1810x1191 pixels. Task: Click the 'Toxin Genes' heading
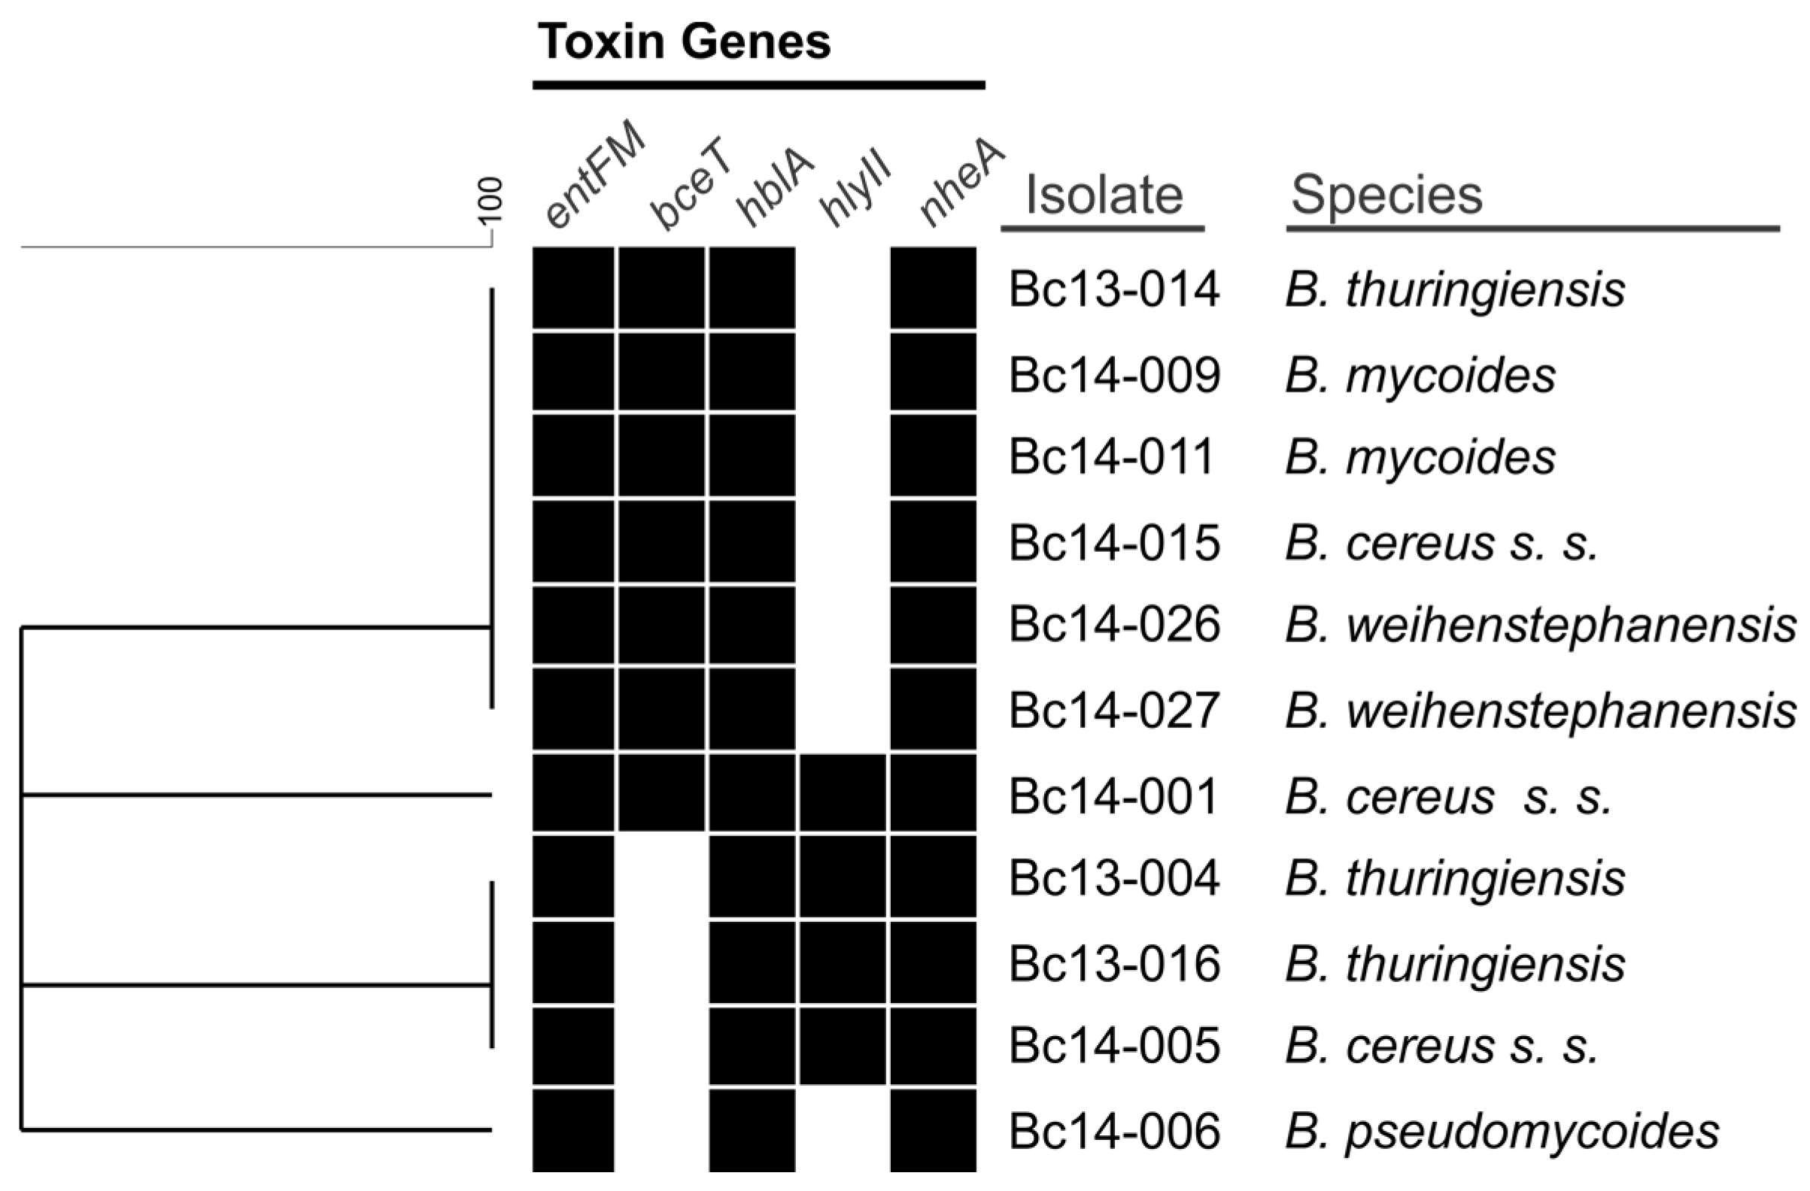point(684,42)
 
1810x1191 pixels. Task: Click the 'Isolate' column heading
point(1104,195)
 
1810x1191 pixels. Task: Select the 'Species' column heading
point(1386,195)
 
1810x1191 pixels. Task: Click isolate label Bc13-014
point(1114,289)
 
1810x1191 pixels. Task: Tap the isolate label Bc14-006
point(1114,1132)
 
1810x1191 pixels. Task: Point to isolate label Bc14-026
point(1114,625)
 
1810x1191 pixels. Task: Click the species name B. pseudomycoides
point(1502,1132)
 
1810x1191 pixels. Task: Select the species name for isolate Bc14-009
point(1420,375)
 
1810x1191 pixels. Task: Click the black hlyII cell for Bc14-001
point(843,792)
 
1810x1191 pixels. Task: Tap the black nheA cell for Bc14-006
point(933,1129)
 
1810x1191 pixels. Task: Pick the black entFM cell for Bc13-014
point(572,288)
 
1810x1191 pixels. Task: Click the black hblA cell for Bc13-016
point(752,962)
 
